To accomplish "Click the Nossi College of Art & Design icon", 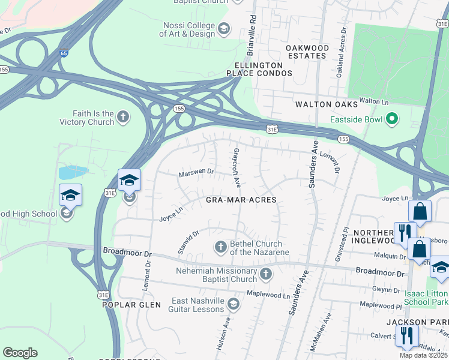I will click(224, 29).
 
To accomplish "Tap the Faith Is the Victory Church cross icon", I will click(123, 117).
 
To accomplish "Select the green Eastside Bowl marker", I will click(392, 119).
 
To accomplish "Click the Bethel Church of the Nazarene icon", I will click(221, 247).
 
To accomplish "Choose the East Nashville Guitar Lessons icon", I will click(233, 305).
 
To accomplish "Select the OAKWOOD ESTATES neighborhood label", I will click(307, 52).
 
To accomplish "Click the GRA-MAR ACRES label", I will click(241, 200).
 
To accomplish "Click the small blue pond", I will click(72, 173).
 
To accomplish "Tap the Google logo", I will click(20, 353).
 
